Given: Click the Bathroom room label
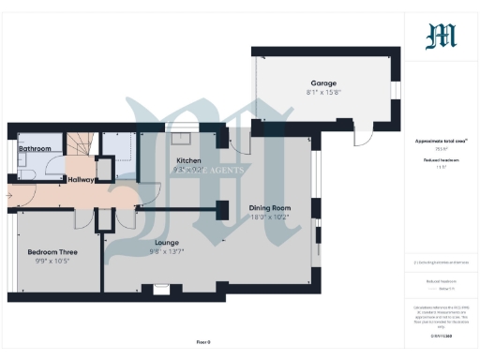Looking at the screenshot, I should pyautogui.click(x=35, y=149).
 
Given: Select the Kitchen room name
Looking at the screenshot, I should pyautogui.click(x=188, y=161).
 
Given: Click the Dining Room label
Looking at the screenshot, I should pyautogui.click(x=270, y=207).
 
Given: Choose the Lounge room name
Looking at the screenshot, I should pyautogui.click(x=166, y=242).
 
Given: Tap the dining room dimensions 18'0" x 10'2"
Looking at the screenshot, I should pyautogui.click(x=270, y=217).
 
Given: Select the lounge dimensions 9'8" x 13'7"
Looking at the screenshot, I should pyautogui.click(x=166, y=251).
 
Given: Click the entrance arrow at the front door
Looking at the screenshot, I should pyautogui.click(x=9, y=196).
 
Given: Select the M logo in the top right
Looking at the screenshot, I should pyautogui.click(x=441, y=35).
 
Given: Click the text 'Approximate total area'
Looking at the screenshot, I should pyautogui.click(x=441, y=141).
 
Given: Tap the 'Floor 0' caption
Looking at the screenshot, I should pyautogui.click(x=203, y=342).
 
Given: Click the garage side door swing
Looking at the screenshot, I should pyautogui.click(x=360, y=138).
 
